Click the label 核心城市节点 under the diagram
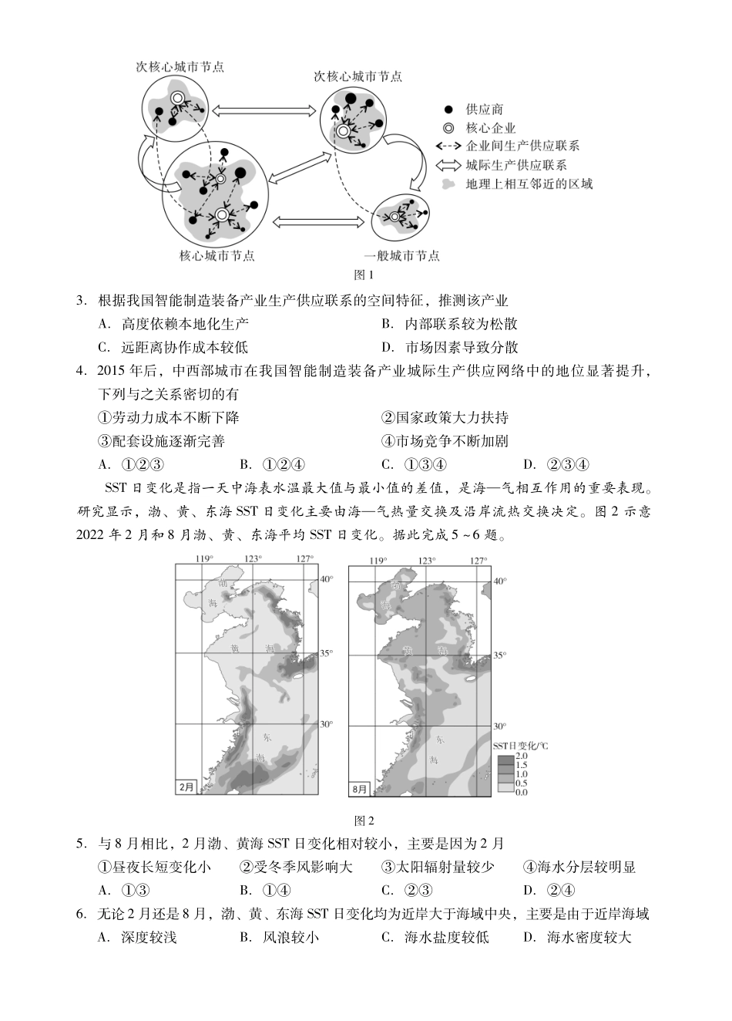[x=217, y=256]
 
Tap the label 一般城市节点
[x=401, y=256]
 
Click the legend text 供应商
[x=484, y=110]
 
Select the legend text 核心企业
[x=490, y=129]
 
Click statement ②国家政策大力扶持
[x=445, y=418]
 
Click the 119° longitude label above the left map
[x=203, y=559]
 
